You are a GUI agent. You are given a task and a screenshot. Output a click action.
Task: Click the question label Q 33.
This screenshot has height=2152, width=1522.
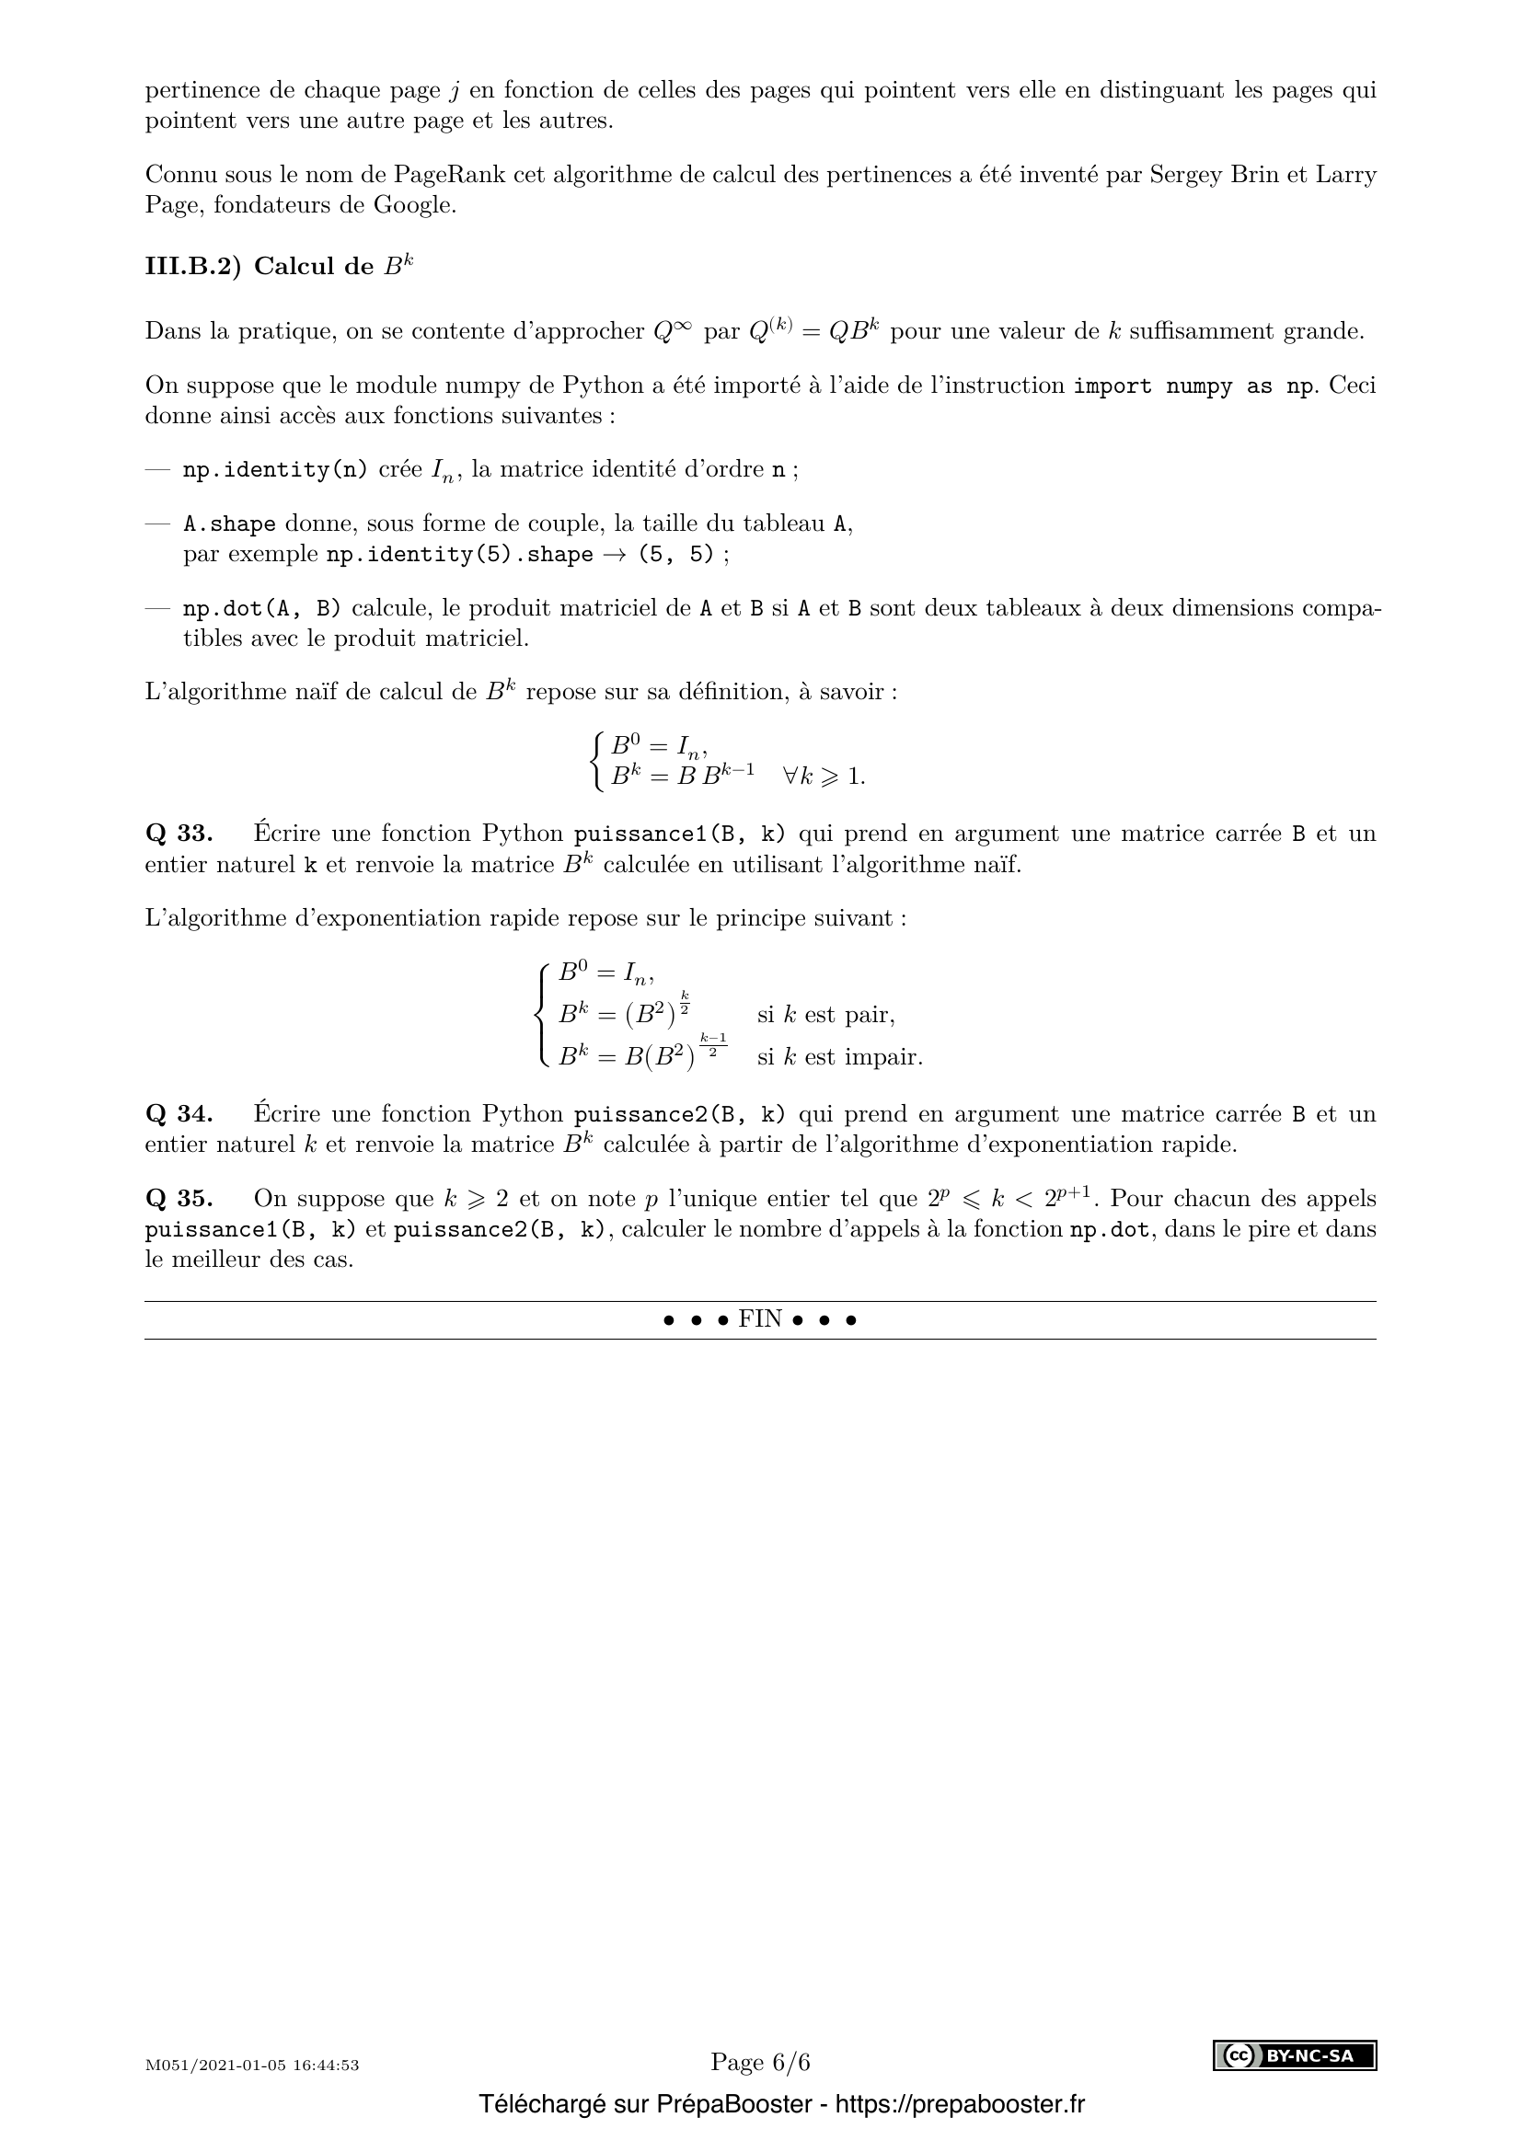point(179,834)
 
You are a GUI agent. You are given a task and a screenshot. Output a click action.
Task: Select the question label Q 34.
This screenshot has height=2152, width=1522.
point(179,1114)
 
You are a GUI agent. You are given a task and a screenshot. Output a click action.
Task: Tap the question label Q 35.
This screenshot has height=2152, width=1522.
point(179,1199)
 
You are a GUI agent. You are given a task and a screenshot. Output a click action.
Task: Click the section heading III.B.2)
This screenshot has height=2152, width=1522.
point(193,267)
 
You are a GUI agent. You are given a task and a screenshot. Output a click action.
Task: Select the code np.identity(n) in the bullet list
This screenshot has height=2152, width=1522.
point(275,469)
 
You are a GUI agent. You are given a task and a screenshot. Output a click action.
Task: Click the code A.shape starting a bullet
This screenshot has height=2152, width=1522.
point(229,524)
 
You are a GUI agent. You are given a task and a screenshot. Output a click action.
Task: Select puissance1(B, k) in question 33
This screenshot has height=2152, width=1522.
point(679,834)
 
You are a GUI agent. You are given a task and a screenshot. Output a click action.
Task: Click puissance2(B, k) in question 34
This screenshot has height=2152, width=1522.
point(679,1115)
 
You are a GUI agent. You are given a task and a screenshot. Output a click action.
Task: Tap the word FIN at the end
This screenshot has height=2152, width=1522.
point(760,1319)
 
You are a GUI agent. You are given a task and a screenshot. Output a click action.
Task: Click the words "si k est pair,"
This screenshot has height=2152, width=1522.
point(825,1015)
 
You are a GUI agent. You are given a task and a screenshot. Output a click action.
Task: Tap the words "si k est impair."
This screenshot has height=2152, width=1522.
point(840,1057)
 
